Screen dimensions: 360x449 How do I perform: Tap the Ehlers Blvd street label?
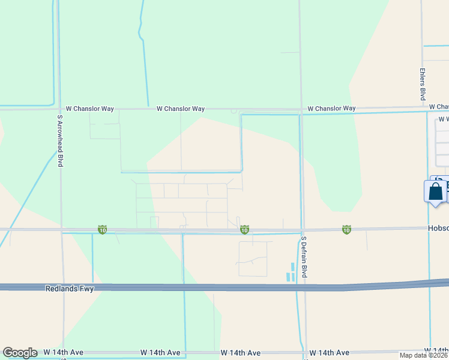423,84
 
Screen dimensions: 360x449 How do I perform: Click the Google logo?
20,353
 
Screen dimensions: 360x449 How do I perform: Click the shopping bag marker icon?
436,192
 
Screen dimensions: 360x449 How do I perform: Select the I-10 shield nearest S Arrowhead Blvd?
103,230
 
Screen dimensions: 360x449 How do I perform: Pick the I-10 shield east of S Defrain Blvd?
346,229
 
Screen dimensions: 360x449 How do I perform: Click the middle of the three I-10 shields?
244,230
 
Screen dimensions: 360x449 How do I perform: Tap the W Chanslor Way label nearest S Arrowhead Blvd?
90,109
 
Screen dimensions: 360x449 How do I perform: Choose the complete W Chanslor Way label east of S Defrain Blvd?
331,109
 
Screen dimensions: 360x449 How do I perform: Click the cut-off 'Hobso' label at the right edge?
438,229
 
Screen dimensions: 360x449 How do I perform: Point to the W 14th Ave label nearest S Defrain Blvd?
329,352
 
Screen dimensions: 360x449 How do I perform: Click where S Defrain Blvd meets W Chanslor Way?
301,110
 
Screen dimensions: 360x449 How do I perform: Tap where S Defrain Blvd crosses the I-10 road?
303,230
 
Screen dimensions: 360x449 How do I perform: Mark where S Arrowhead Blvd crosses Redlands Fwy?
62,287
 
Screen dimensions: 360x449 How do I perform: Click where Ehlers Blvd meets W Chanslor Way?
423,107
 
